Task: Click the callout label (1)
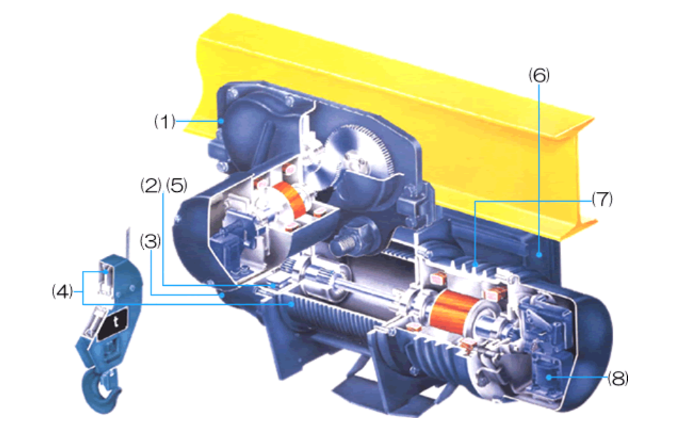pyautogui.click(x=165, y=122)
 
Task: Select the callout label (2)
pyautogui.click(x=151, y=185)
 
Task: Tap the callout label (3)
pyautogui.click(x=151, y=241)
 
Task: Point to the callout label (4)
pyautogui.click(x=63, y=292)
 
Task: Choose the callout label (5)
pyautogui.click(x=177, y=185)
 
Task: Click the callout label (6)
pyautogui.click(x=539, y=75)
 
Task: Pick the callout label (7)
pyautogui.click(x=602, y=199)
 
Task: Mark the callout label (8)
pyautogui.click(x=618, y=378)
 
